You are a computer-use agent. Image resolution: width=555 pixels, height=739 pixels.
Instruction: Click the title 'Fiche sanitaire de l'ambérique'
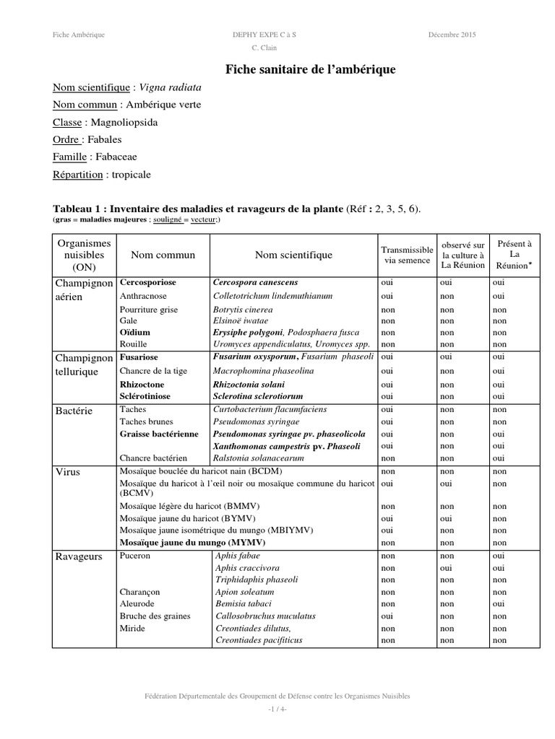pos(311,69)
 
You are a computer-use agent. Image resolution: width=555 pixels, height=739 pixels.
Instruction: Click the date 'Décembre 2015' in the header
pos(452,35)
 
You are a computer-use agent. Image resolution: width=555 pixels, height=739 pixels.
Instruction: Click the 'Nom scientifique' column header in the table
pos(293,255)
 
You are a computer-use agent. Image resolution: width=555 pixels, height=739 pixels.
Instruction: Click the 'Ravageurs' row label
pos(78,556)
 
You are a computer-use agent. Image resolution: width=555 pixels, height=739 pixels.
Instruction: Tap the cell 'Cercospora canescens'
pos(256,282)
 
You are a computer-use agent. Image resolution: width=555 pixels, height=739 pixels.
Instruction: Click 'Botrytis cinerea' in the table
pos(242,310)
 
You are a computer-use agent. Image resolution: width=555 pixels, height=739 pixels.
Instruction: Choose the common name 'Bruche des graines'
pos(155,616)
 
